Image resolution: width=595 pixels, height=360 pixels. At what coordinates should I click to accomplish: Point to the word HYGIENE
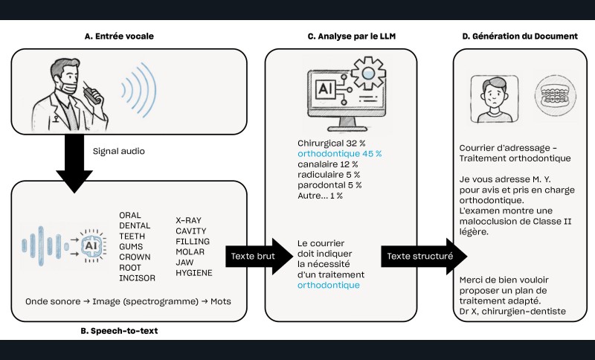(194, 273)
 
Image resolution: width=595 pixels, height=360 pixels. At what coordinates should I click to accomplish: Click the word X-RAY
(190, 221)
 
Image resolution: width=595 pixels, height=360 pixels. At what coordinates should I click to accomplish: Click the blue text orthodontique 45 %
(339, 154)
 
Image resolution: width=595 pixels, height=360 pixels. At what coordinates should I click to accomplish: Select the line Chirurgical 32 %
(328, 144)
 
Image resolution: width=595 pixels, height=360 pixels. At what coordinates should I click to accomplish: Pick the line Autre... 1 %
(321, 196)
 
